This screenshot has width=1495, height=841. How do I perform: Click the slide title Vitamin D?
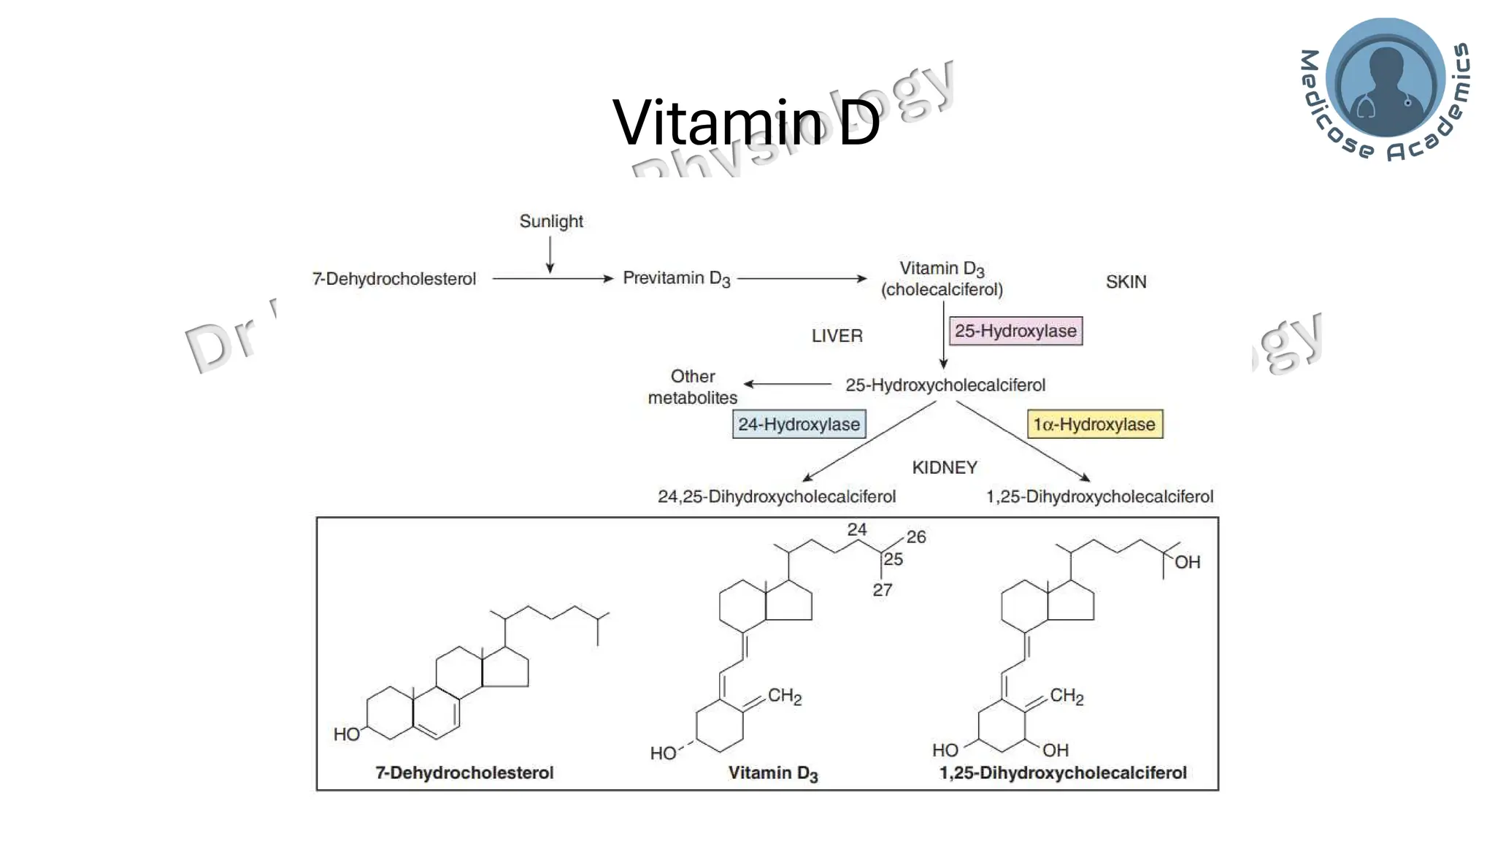pos(746,122)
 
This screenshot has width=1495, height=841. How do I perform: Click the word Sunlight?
pos(551,221)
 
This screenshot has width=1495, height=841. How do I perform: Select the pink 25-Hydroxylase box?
pos(1015,331)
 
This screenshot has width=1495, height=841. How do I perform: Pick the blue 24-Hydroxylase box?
pos(799,424)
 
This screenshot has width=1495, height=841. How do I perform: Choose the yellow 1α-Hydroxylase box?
pos(1094,424)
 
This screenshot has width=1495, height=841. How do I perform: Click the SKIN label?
pos(1126,282)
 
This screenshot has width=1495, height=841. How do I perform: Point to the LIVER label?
pos(837,336)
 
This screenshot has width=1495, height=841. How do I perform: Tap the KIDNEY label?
pos(944,467)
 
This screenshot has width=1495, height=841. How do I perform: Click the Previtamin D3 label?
pos(676,278)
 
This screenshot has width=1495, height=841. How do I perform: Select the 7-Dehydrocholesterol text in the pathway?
pos(394,279)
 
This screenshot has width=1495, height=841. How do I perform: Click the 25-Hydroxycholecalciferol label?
pos(945,385)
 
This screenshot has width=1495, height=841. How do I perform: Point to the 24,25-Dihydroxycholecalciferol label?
pos(776,496)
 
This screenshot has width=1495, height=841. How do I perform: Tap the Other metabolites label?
pos(693,387)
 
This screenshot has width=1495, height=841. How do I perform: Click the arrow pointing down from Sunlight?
pos(550,256)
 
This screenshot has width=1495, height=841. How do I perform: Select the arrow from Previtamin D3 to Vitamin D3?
pos(802,278)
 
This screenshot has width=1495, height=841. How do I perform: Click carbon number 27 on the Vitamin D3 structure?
pos(882,590)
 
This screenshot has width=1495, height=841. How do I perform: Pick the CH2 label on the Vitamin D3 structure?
pos(785,696)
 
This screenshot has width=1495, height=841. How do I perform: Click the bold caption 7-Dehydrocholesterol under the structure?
pos(464,772)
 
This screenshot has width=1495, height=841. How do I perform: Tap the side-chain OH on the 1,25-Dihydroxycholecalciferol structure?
pos(1187,562)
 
